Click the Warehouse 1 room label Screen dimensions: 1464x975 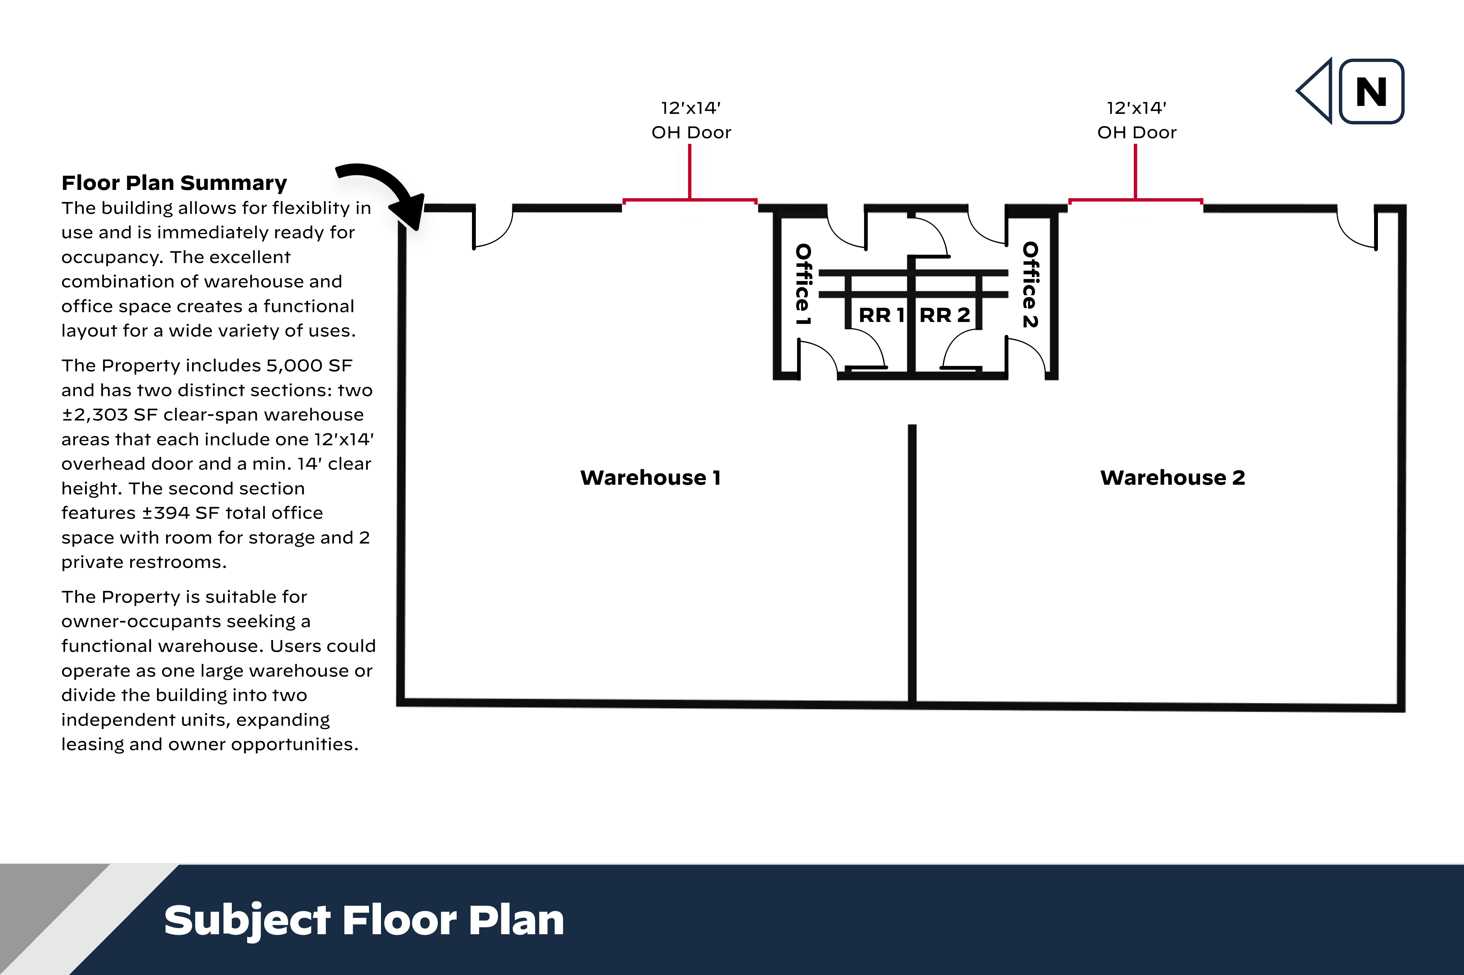point(650,477)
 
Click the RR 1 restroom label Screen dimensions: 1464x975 point(881,315)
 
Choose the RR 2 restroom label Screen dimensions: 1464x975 point(945,315)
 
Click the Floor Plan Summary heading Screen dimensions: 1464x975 point(174,183)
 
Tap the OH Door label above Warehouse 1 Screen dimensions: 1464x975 point(691,132)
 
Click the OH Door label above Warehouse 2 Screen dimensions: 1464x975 point(1137,132)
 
